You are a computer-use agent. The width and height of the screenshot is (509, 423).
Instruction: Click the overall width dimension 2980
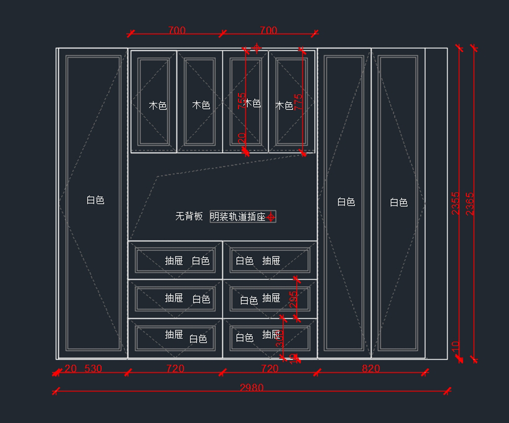point(252,387)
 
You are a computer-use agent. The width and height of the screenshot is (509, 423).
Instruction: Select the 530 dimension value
point(93,369)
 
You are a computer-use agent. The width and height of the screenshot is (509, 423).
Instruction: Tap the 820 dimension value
point(371,369)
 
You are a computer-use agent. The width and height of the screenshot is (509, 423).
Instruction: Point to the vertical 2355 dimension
point(456,203)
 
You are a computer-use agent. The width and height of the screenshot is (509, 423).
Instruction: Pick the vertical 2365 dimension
point(470,204)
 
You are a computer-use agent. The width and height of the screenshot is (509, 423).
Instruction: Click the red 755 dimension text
point(241,101)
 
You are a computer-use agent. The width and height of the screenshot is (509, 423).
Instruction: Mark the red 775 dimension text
point(299,102)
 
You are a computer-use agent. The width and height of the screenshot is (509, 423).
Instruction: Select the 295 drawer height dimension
point(293,299)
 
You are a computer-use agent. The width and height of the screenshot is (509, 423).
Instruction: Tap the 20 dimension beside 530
point(70,369)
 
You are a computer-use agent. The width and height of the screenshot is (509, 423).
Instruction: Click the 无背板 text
point(189,216)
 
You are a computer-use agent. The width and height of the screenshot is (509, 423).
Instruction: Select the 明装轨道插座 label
point(238,217)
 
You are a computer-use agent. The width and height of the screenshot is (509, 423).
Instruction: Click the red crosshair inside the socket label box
point(271,217)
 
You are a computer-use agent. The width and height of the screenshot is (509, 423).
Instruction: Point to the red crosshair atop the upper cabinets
point(257,47)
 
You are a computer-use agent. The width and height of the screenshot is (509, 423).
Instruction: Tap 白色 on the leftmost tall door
point(95,200)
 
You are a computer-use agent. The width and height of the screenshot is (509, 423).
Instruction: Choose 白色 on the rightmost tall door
point(399,203)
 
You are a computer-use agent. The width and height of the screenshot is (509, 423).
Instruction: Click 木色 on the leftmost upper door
point(158,105)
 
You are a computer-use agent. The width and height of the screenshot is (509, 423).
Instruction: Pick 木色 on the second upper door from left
point(201,104)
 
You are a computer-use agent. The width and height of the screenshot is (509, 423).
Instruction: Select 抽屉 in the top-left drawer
point(174,260)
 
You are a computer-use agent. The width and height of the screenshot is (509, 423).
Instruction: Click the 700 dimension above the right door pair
point(268,31)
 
